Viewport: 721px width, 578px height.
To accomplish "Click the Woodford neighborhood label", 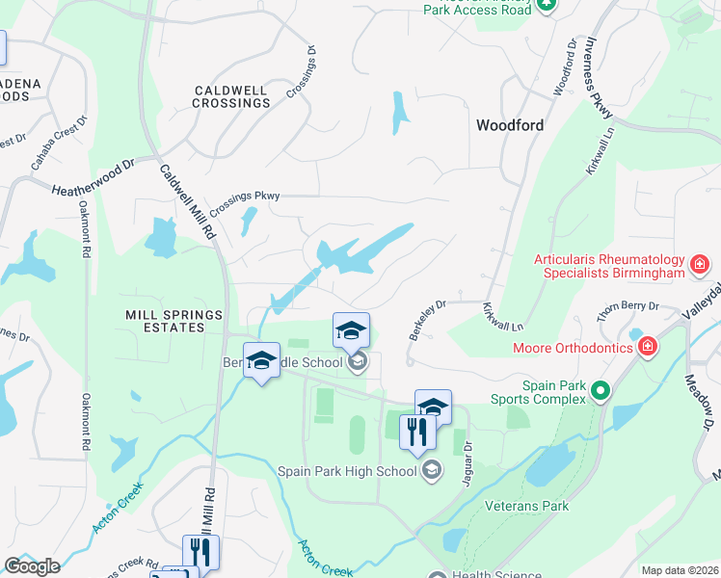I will (x=509, y=125).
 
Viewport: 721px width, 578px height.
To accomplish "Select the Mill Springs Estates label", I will (x=174, y=321).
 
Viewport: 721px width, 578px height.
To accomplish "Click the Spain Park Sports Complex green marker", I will (x=601, y=391).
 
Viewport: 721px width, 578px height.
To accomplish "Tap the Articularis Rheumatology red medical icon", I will (x=699, y=263).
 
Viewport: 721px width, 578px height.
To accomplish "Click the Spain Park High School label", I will (x=347, y=471).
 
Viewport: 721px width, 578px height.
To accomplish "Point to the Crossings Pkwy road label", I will (x=244, y=197).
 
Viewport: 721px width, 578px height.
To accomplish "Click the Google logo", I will (x=32, y=566).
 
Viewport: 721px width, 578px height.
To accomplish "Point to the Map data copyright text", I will (x=680, y=570).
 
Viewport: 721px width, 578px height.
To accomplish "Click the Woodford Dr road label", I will (x=564, y=66).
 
